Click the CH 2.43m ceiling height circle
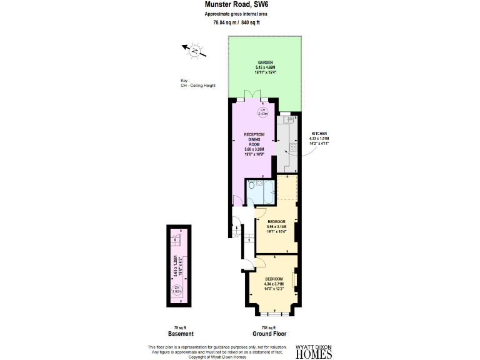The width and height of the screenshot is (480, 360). [263, 112]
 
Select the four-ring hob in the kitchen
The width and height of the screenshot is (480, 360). [292, 148]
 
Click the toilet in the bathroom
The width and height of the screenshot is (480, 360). [251, 186]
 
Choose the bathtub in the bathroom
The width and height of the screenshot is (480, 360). [267, 192]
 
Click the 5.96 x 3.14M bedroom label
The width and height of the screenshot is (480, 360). [276, 227]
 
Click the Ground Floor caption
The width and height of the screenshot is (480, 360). [257, 333]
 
